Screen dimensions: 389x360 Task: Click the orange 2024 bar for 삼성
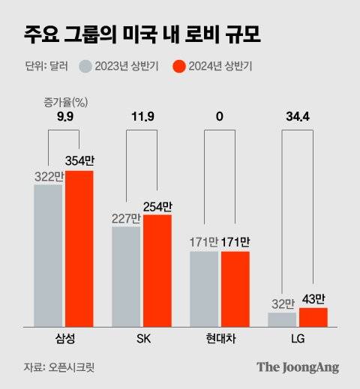click(79, 249)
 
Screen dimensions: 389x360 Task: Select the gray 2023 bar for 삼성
click(48, 256)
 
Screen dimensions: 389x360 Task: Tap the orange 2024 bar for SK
click(157, 271)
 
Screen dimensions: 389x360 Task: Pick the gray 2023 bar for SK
click(126, 277)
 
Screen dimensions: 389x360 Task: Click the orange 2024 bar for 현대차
click(235, 289)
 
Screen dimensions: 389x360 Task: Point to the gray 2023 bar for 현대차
click(204, 289)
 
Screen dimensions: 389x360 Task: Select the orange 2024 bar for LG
click(313, 317)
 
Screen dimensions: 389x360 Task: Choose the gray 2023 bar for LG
click(282, 320)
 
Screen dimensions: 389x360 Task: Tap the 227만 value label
click(126, 218)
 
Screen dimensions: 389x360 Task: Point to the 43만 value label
click(313, 299)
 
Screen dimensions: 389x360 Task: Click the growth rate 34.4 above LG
click(298, 116)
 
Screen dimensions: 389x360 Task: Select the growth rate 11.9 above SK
click(141, 116)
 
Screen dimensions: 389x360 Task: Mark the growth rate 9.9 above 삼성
click(64, 116)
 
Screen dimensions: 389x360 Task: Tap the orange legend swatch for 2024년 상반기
click(178, 66)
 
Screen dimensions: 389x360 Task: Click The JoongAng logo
click(298, 367)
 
